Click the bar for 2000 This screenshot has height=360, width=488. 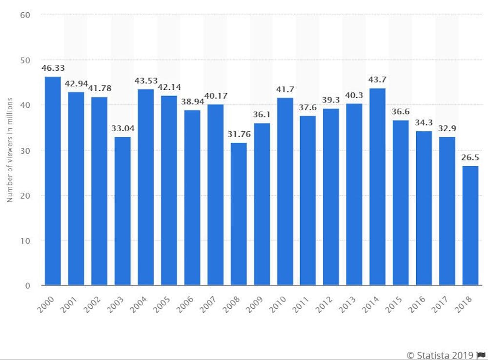[x=52, y=181]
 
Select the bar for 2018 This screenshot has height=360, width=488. [x=470, y=225]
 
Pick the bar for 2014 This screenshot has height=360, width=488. [x=377, y=187]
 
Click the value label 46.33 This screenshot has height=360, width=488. [x=52, y=68]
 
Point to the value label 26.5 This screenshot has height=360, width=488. [x=470, y=158]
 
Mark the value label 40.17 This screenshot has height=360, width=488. [x=215, y=96]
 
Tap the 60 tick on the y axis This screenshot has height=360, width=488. [x=25, y=15]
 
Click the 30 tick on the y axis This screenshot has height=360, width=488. [x=25, y=150]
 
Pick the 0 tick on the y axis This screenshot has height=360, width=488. [x=28, y=285]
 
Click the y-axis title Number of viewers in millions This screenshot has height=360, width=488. [x=9, y=150]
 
